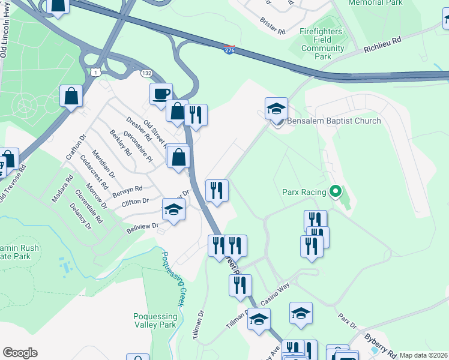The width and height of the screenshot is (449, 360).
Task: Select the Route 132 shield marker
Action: tap(146, 73)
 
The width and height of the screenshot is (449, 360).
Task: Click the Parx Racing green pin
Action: tap(336, 193)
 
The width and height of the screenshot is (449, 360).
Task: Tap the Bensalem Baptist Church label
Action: tap(334, 121)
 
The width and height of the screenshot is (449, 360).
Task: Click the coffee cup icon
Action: tap(161, 94)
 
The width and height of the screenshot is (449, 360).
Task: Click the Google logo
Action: tap(20, 353)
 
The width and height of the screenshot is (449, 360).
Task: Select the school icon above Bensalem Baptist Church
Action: tap(277, 109)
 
